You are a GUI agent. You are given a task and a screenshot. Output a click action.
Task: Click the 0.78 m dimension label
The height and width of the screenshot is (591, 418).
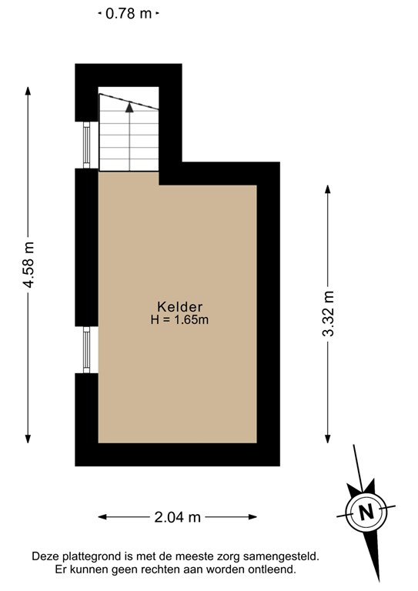(129, 13)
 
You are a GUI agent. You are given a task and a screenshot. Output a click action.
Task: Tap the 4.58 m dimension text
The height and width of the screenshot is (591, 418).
(29, 265)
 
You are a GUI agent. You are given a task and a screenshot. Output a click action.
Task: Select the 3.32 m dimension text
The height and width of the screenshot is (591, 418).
(329, 314)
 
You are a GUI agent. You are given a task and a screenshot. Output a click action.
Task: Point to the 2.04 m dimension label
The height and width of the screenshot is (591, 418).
(178, 517)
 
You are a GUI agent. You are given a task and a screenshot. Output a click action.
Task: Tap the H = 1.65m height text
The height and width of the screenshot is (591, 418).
(179, 320)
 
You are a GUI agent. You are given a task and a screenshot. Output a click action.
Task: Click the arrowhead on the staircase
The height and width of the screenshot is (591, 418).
(129, 107)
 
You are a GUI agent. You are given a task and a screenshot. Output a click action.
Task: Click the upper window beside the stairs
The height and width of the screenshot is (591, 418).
(87, 145)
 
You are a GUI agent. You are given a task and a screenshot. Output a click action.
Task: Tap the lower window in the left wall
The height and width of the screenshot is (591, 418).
(87, 350)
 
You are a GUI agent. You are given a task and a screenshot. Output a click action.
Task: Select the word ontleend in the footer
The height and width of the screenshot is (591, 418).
(271, 569)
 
